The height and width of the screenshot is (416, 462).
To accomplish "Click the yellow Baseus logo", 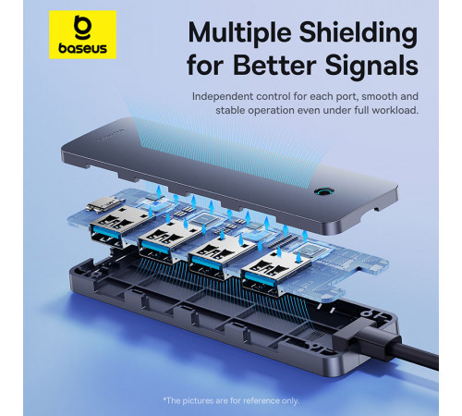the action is pos(82,35).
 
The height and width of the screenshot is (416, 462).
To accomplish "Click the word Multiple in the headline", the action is pos(240,33).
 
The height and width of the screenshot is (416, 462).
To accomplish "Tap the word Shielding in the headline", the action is pos(359,33).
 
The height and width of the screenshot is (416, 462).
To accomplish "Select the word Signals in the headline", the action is pos(371,66).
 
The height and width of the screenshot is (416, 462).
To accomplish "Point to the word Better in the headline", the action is pos(274,65).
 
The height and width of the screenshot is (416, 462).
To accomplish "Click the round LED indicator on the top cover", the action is pos(322,191).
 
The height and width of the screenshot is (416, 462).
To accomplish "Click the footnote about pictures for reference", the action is pos(231,400).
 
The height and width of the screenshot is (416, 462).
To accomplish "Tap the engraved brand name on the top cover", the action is pos(112,135).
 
